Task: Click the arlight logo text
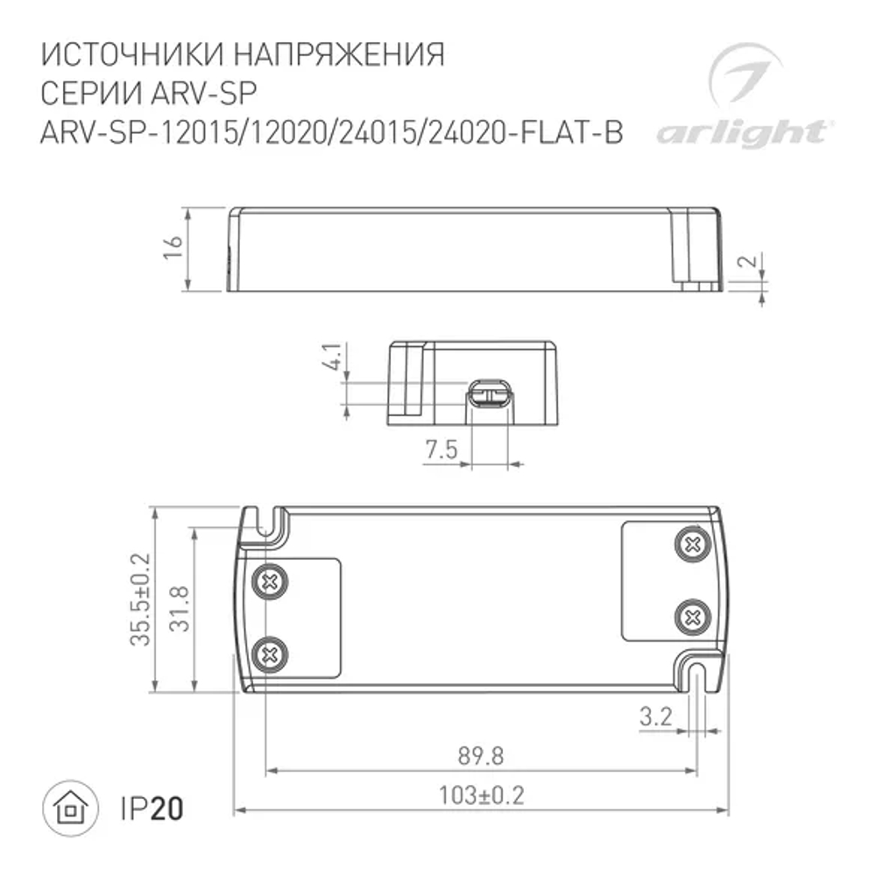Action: click(x=740, y=133)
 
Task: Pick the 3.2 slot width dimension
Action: click(x=655, y=718)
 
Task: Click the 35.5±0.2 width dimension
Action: click(x=140, y=600)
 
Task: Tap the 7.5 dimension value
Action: click(x=442, y=450)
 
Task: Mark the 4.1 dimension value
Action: click(x=332, y=361)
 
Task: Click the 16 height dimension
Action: click(x=173, y=248)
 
